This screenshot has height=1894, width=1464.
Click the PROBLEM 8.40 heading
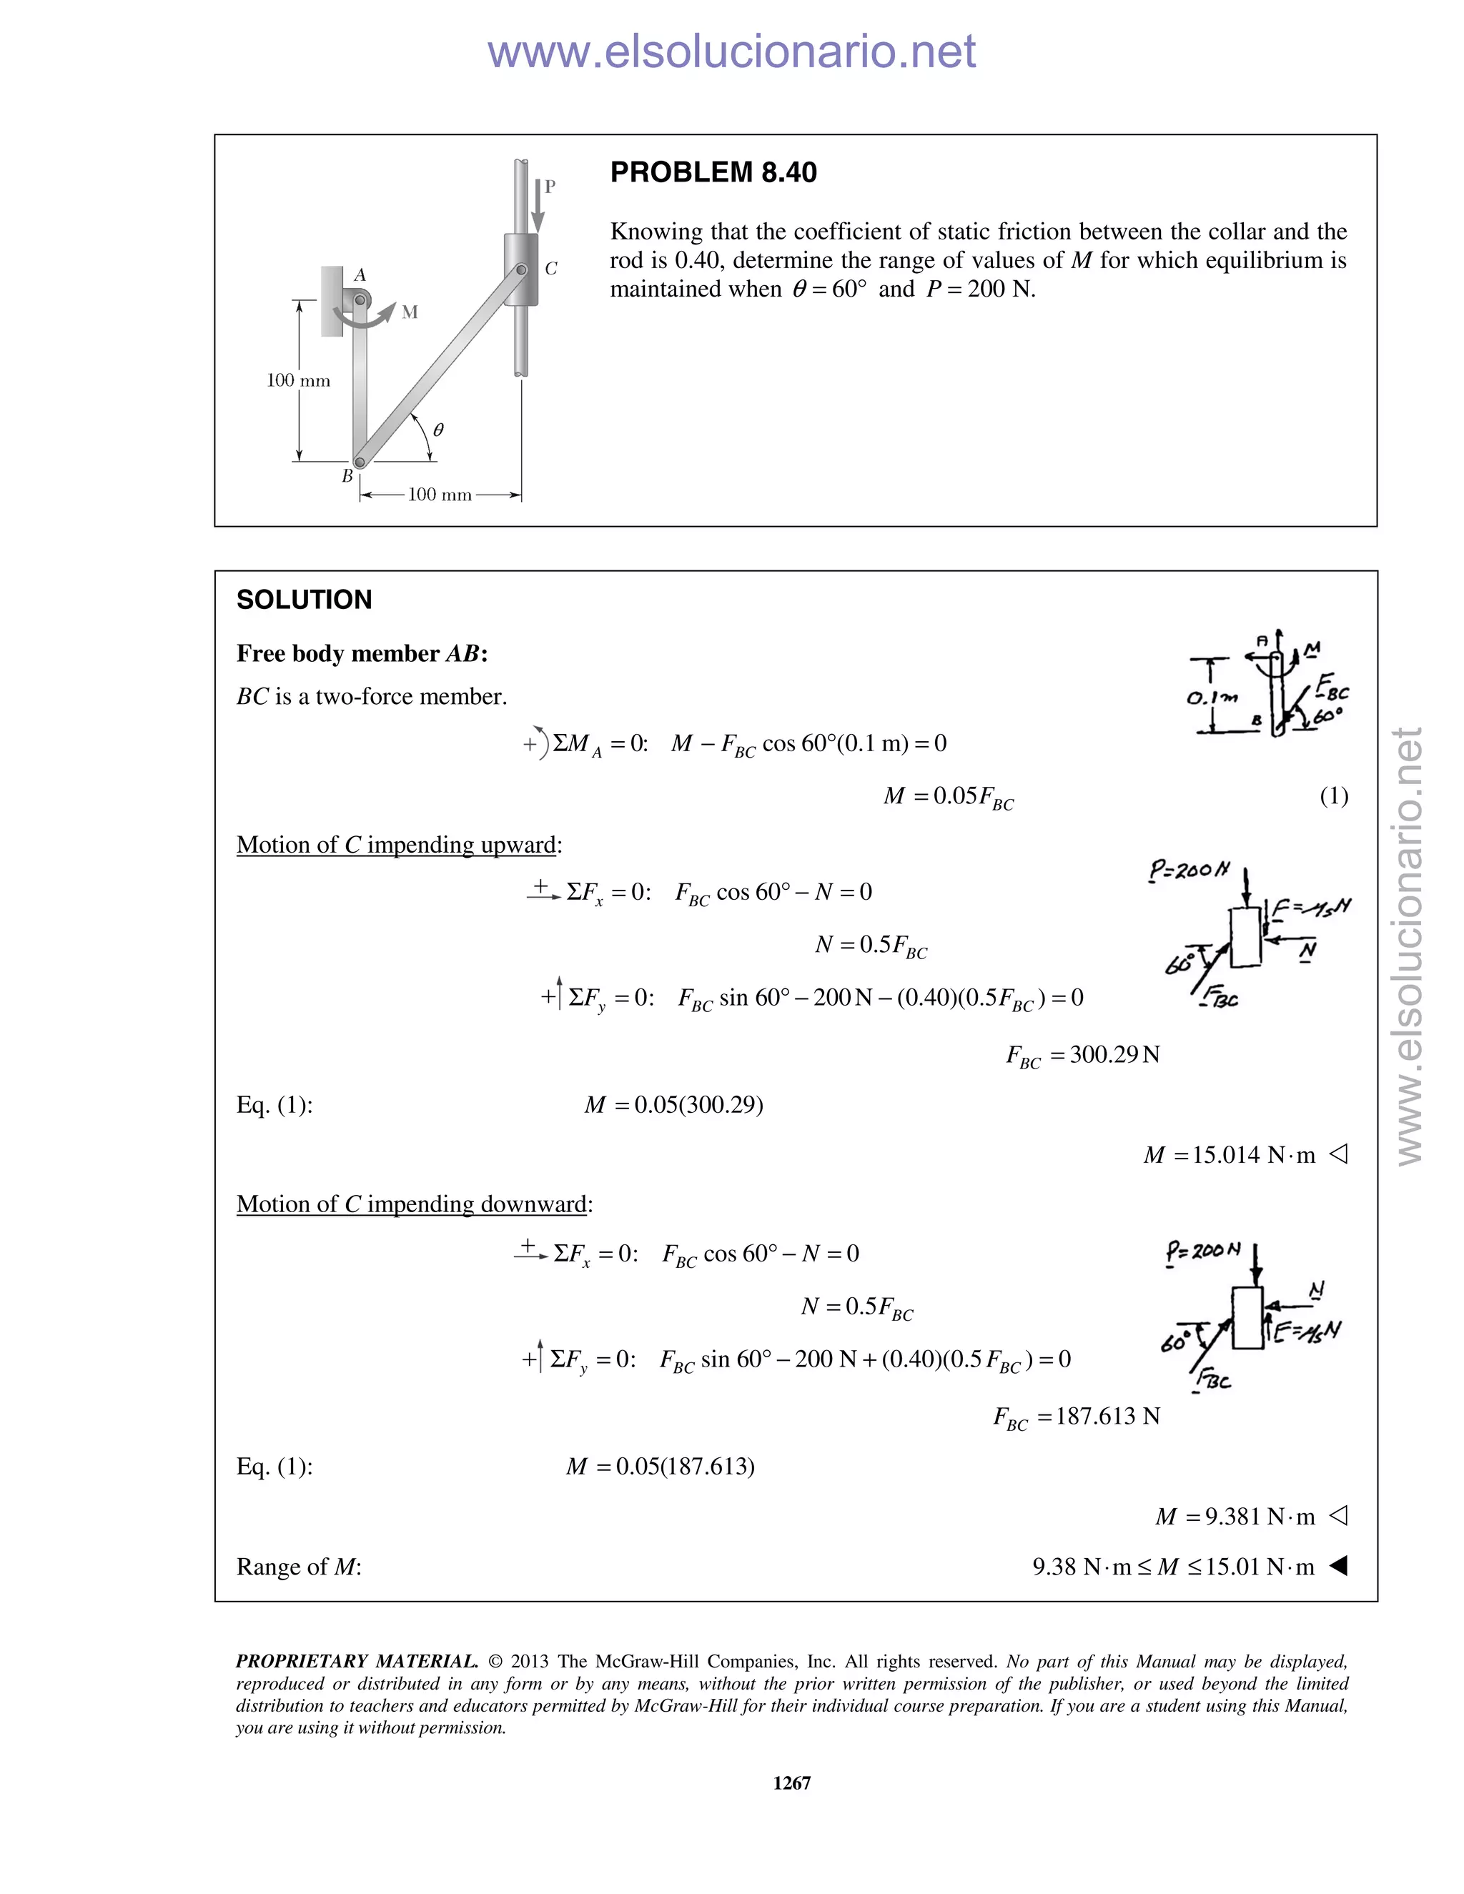tap(713, 172)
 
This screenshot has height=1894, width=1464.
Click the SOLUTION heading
tap(304, 600)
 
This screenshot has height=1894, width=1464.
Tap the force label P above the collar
tap(550, 187)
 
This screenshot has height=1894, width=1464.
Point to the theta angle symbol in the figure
tap(438, 430)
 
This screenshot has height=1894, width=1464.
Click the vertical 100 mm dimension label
tap(298, 381)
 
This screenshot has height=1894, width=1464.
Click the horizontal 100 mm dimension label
tap(440, 495)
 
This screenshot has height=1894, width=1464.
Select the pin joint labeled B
tap(360, 462)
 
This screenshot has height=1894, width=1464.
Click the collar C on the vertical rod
tap(520, 269)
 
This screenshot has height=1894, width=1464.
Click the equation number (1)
tap(1333, 796)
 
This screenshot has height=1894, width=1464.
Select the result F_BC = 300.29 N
tap(1082, 1056)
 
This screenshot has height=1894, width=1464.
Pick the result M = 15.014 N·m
tap(1229, 1155)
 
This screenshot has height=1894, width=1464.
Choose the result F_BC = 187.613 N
tap(1077, 1417)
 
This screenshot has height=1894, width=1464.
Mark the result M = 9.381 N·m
tap(1235, 1517)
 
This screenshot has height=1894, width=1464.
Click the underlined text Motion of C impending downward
tap(413, 1204)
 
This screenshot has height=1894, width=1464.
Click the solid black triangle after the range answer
tap(1338, 1566)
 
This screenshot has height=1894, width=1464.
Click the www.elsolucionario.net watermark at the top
tap(731, 52)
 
